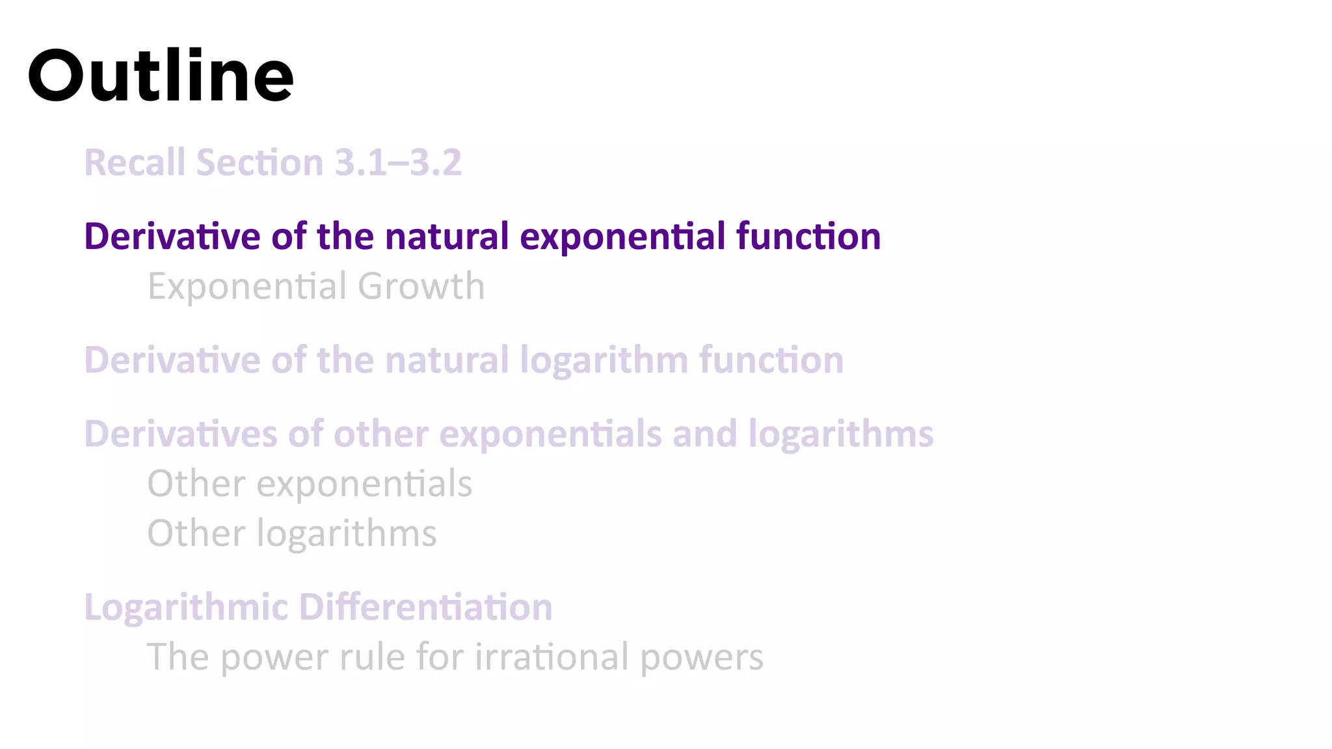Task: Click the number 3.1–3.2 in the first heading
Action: [x=398, y=163]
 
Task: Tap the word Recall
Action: [x=135, y=163]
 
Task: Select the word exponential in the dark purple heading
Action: [x=622, y=237]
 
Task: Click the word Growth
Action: [x=421, y=286]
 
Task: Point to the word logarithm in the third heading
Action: [x=604, y=361]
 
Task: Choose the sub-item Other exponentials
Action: [x=310, y=484]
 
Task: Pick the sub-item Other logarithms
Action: [x=291, y=534]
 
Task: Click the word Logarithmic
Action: [x=186, y=608]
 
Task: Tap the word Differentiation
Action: [x=425, y=607]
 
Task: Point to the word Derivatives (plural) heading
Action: [x=181, y=434]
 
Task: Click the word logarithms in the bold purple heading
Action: [x=841, y=434]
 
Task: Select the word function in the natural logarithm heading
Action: [x=771, y=360]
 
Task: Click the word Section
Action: [x=260, y=163]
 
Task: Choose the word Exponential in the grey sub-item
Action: [x=246, y=287]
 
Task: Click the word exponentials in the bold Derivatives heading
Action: [x=550, y=434]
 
